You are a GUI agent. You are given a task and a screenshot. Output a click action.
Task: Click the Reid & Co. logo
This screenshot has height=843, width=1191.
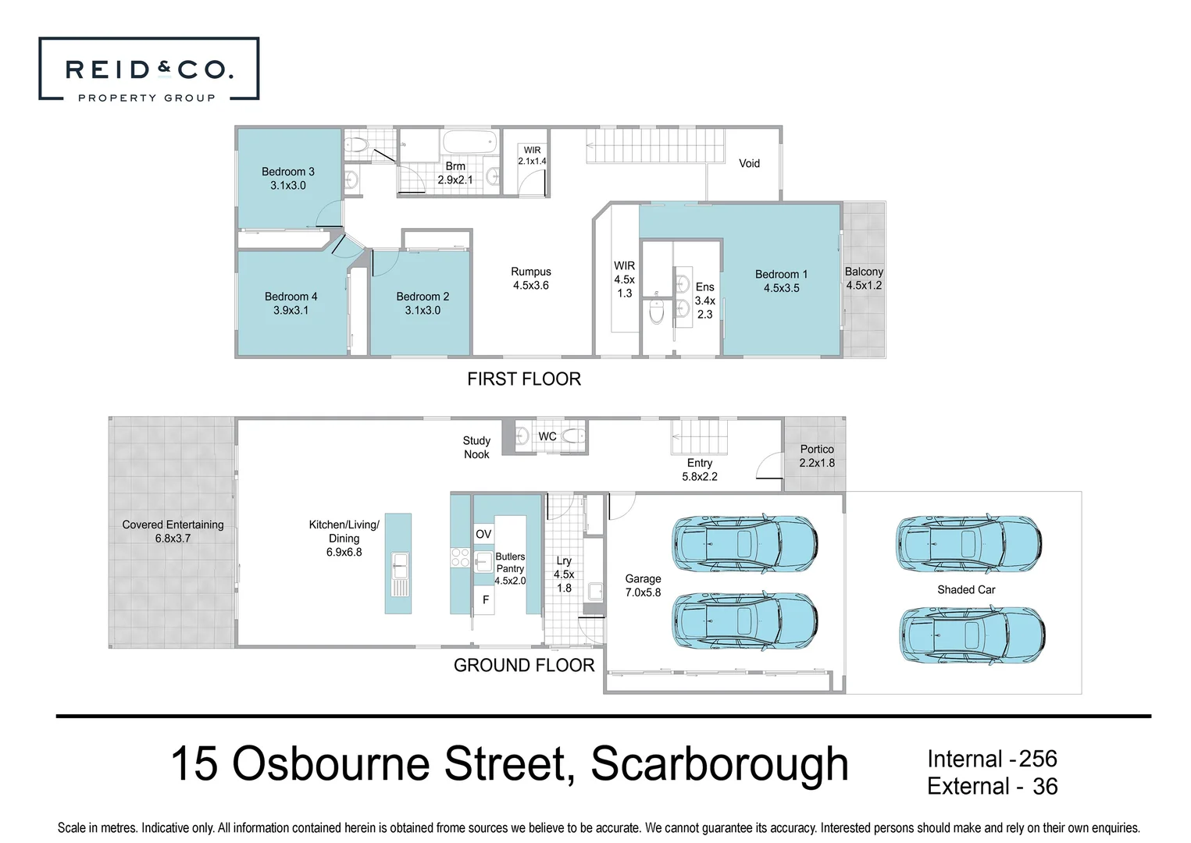(148, 70)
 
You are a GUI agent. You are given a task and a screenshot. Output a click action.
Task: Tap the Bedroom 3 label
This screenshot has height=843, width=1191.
(287, 179)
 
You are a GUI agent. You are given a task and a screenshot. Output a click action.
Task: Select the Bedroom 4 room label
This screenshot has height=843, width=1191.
(291, 304)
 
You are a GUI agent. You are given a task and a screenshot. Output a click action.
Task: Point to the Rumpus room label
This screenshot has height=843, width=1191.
(530, 279)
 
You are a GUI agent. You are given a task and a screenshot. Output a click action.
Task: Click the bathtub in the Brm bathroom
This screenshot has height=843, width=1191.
(469, 143)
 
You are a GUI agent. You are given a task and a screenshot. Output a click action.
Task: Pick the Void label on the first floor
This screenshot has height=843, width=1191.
(749, 164)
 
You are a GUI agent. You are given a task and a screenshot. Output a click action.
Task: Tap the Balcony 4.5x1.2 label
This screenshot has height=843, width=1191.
(864, 279)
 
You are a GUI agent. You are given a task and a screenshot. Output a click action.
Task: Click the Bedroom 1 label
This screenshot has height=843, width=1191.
(781, 281)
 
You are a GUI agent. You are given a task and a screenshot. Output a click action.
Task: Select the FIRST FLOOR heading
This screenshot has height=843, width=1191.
(524, 379)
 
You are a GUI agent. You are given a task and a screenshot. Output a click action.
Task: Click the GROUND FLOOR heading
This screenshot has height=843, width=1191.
(524, 666)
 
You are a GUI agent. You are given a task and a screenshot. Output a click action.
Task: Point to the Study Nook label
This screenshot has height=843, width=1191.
(476, 448)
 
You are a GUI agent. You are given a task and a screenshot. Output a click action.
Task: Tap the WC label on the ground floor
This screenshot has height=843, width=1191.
(547, 436)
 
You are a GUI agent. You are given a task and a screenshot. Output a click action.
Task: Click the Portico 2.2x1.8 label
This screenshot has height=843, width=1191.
(817, 456)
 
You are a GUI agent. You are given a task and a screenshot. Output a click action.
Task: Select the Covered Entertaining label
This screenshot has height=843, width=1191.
(173, 532)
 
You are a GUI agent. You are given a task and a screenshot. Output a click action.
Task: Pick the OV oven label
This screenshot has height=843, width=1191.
(483, 534)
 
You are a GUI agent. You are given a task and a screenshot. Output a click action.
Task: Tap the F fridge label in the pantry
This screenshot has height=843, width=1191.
(486, 600)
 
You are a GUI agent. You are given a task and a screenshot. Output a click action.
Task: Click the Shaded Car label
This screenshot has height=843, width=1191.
(966, 590)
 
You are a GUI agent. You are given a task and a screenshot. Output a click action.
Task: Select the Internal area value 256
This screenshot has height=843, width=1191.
(1038, 759)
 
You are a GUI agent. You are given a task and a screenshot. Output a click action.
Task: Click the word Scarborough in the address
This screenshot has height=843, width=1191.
(719, 764)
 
